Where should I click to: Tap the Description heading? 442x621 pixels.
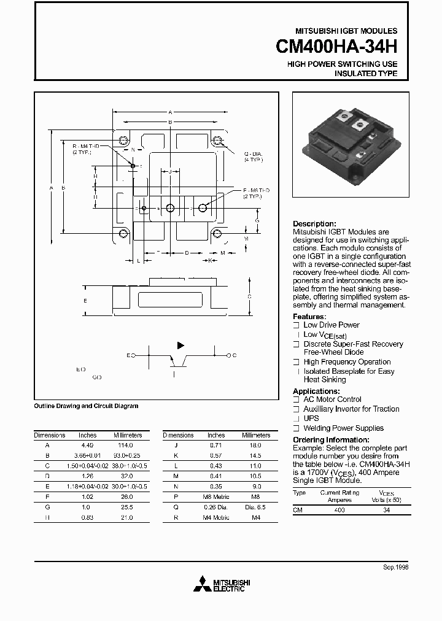coord(314,224)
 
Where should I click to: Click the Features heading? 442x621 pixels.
coord(309,317)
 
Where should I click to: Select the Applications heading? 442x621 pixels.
coord(316,391)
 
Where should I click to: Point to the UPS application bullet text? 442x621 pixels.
coord(311,418)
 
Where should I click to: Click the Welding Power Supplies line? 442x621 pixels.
coord(343,428)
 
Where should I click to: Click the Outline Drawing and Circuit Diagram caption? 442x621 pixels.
coord(86,406)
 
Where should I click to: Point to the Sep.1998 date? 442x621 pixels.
coord(395,568)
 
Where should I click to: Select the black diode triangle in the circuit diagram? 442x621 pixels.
coord(180,345)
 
